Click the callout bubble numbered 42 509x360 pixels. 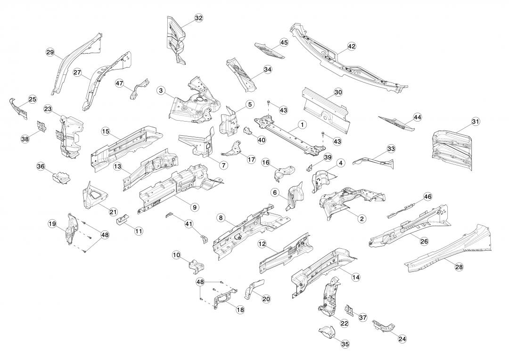point(352,46)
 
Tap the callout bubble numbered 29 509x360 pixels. point(50,52)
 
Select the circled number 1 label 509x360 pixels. point(302,125)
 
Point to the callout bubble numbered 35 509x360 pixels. point(345,344)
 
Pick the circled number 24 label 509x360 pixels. point(402,338)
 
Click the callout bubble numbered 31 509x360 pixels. point(475,122)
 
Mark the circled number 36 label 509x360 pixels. point(41,166)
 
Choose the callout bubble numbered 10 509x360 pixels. point(177,255)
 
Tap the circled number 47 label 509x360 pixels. point(120,83)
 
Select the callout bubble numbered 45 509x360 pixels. point(284,42)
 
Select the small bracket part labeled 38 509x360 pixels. point(42,126)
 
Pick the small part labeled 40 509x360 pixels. point(248,131)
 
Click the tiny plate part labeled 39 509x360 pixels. point(311,167)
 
